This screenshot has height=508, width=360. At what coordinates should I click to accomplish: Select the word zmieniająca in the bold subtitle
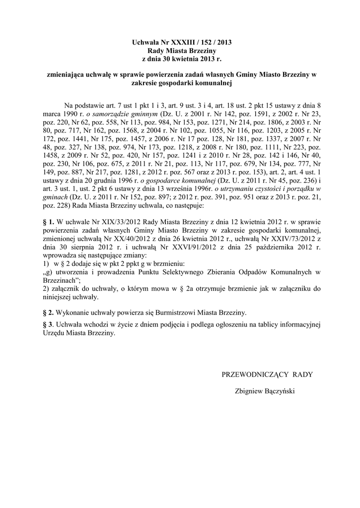coord(65,75)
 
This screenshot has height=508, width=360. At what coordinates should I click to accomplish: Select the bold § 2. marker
coord(49,313)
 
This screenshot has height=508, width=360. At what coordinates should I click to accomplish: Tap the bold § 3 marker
coord(48,325)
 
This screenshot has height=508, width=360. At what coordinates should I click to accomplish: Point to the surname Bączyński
coord(279,391)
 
